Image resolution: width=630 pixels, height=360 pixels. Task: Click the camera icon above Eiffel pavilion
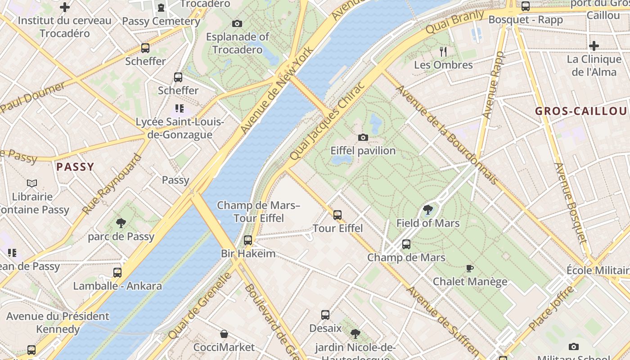(363, 137)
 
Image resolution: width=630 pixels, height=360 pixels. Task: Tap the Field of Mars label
(427, 223)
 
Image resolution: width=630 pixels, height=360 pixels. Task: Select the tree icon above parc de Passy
(121, 223)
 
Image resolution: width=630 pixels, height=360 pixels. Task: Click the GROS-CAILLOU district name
(580, 111)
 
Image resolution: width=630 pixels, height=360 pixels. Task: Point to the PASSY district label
(75, 167)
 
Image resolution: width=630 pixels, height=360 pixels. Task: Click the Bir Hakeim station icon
(248, 240)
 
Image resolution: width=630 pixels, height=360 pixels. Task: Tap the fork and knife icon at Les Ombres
(443, 52)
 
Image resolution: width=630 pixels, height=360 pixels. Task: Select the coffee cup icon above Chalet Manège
(470, 269)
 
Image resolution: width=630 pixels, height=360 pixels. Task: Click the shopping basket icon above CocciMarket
(224, 334)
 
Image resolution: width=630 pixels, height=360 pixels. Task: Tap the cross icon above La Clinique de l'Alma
(594, 46)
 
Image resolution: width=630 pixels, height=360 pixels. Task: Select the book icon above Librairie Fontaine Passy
(31, 184)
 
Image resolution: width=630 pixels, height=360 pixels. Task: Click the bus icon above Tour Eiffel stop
(337, 215)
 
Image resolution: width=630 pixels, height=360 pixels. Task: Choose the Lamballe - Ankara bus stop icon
(117, 273)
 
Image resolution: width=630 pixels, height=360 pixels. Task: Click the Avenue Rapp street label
(493, 85)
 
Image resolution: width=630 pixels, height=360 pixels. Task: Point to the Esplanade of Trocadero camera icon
(237, 23)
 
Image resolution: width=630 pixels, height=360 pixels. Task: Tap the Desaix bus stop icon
(325, 315)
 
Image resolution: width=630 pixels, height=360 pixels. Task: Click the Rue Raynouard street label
(112, 184)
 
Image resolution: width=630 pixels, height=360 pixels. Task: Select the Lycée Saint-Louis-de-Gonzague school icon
(180, 108)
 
